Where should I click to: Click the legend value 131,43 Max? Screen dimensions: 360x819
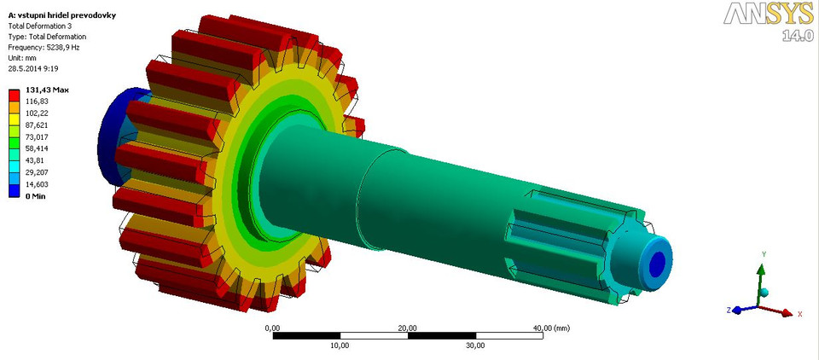[48, 90]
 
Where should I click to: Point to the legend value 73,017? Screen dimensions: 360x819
[38, 136]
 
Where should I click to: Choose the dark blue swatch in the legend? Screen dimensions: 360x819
[15, 191]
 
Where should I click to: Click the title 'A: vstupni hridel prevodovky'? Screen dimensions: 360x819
[56, 15]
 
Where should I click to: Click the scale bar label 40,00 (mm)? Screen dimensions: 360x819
[550, 328]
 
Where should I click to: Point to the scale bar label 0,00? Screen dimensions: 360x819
[273, 328]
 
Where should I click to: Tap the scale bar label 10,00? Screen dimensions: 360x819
[340, 345]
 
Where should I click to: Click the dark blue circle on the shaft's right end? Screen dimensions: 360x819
[657, 261]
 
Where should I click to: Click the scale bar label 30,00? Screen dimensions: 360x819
[475, 345]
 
